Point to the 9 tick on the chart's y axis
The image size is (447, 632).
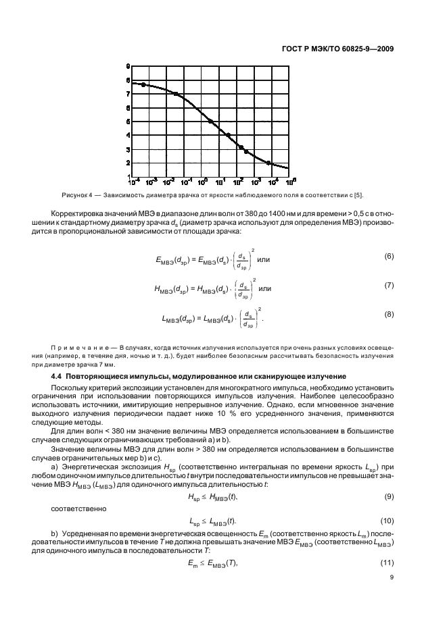pos(128,66)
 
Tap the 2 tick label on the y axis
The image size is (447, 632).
pos(128,163)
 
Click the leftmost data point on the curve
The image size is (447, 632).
pos(143,84)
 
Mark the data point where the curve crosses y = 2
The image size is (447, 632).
pos(268,163)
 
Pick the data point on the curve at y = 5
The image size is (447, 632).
pos(210,122)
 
